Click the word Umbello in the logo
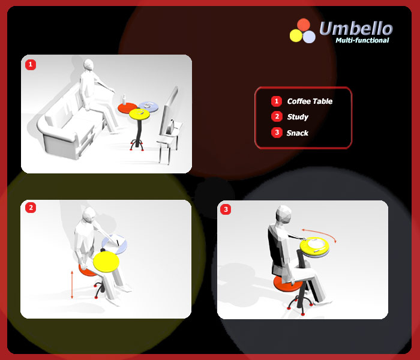(356, 28)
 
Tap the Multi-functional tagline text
(362, 40)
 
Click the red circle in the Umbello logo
(304, 25)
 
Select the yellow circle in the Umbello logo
(296, 35)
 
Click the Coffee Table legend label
(310, 101)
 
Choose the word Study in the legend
(298, 117)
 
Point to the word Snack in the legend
(298, 133)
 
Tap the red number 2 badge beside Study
(277, 117)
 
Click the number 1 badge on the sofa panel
(31, 65)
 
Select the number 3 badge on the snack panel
(226, 209)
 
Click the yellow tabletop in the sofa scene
(139, 114)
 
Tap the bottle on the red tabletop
(124, 100)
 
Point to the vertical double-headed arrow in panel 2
(72, 285)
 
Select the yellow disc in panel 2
(106, 262)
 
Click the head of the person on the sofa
(88, 65)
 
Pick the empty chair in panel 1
(170, 126)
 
